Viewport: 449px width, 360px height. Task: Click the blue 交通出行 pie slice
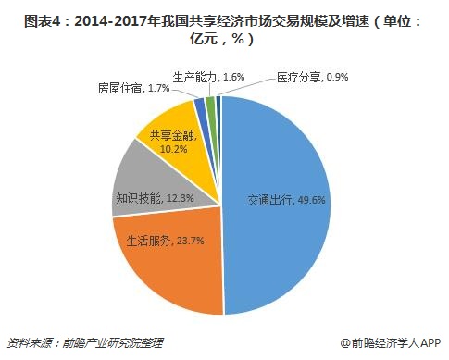tap(278, 185)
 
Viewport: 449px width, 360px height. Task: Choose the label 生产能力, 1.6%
tap(209, 77)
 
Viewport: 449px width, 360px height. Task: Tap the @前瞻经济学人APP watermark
tap(388, 342)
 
